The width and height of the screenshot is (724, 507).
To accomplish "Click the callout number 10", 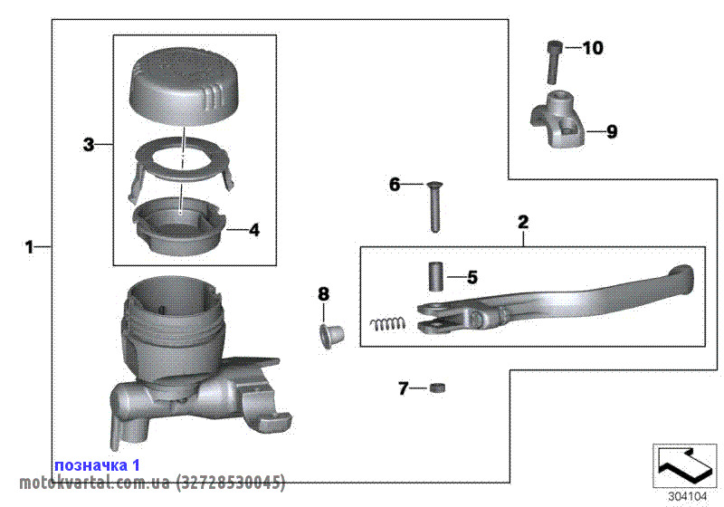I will coord(592,49).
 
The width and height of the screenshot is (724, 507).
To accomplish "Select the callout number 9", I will coord(612,132).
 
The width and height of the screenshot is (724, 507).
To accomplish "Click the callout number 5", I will coord(472,277).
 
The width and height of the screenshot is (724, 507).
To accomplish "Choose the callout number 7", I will coord(404,389).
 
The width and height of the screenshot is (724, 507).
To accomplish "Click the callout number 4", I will coord(254,231).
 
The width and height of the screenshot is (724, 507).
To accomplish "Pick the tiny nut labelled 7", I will coord(439,389).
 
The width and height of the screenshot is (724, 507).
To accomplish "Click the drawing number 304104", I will coord(685,495).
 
